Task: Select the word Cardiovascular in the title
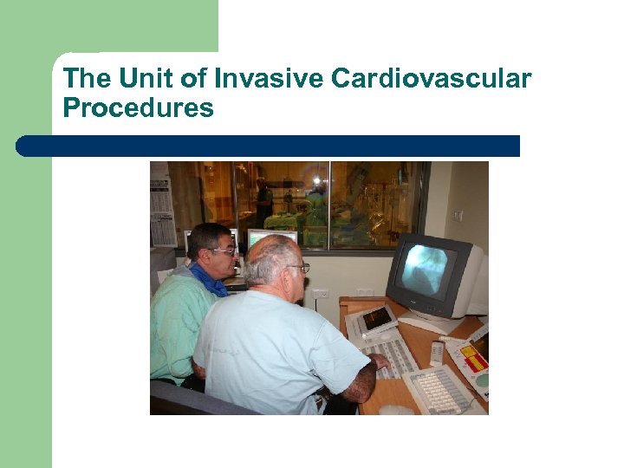pos(431,79)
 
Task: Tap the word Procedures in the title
pos(138,108)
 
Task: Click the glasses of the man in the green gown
pos(223,250)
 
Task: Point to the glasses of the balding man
pos(299,268)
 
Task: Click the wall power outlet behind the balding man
pos(320,294)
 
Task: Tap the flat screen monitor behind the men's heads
pos(272,238)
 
